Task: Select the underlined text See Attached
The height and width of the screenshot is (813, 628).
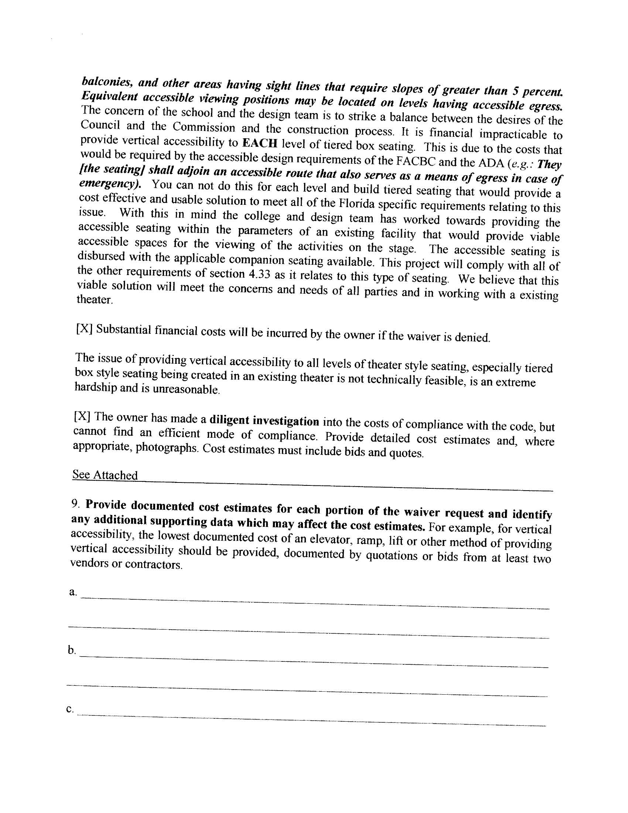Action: click(x=105, y=475)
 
